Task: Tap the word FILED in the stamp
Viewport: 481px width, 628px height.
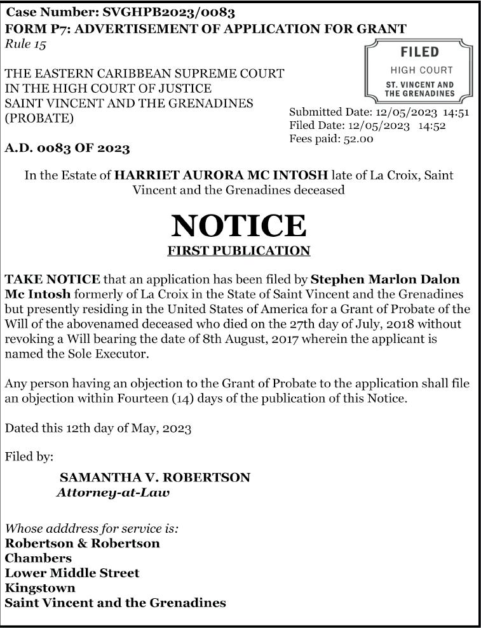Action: pos(419,52)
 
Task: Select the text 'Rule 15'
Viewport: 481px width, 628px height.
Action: pos(25,44)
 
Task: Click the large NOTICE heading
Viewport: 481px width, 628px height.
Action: pos(238,225)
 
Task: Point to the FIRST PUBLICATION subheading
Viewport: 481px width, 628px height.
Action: pos(238,251)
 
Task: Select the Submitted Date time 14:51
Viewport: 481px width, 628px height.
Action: pos(456,112)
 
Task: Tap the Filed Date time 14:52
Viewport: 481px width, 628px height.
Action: pos(432,125)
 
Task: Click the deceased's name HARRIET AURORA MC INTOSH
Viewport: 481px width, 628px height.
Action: pos(220,175)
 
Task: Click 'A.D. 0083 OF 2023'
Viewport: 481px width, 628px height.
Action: pos(67,149)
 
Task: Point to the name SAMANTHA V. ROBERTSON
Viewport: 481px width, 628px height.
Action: pos(154,478)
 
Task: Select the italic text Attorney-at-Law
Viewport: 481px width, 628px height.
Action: pos(113,492)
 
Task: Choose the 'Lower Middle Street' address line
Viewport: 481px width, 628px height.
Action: pos(72,573)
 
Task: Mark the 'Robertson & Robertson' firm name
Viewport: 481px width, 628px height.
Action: pos(82,544)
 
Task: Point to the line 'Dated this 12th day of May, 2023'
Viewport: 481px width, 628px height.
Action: pos(98,428)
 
